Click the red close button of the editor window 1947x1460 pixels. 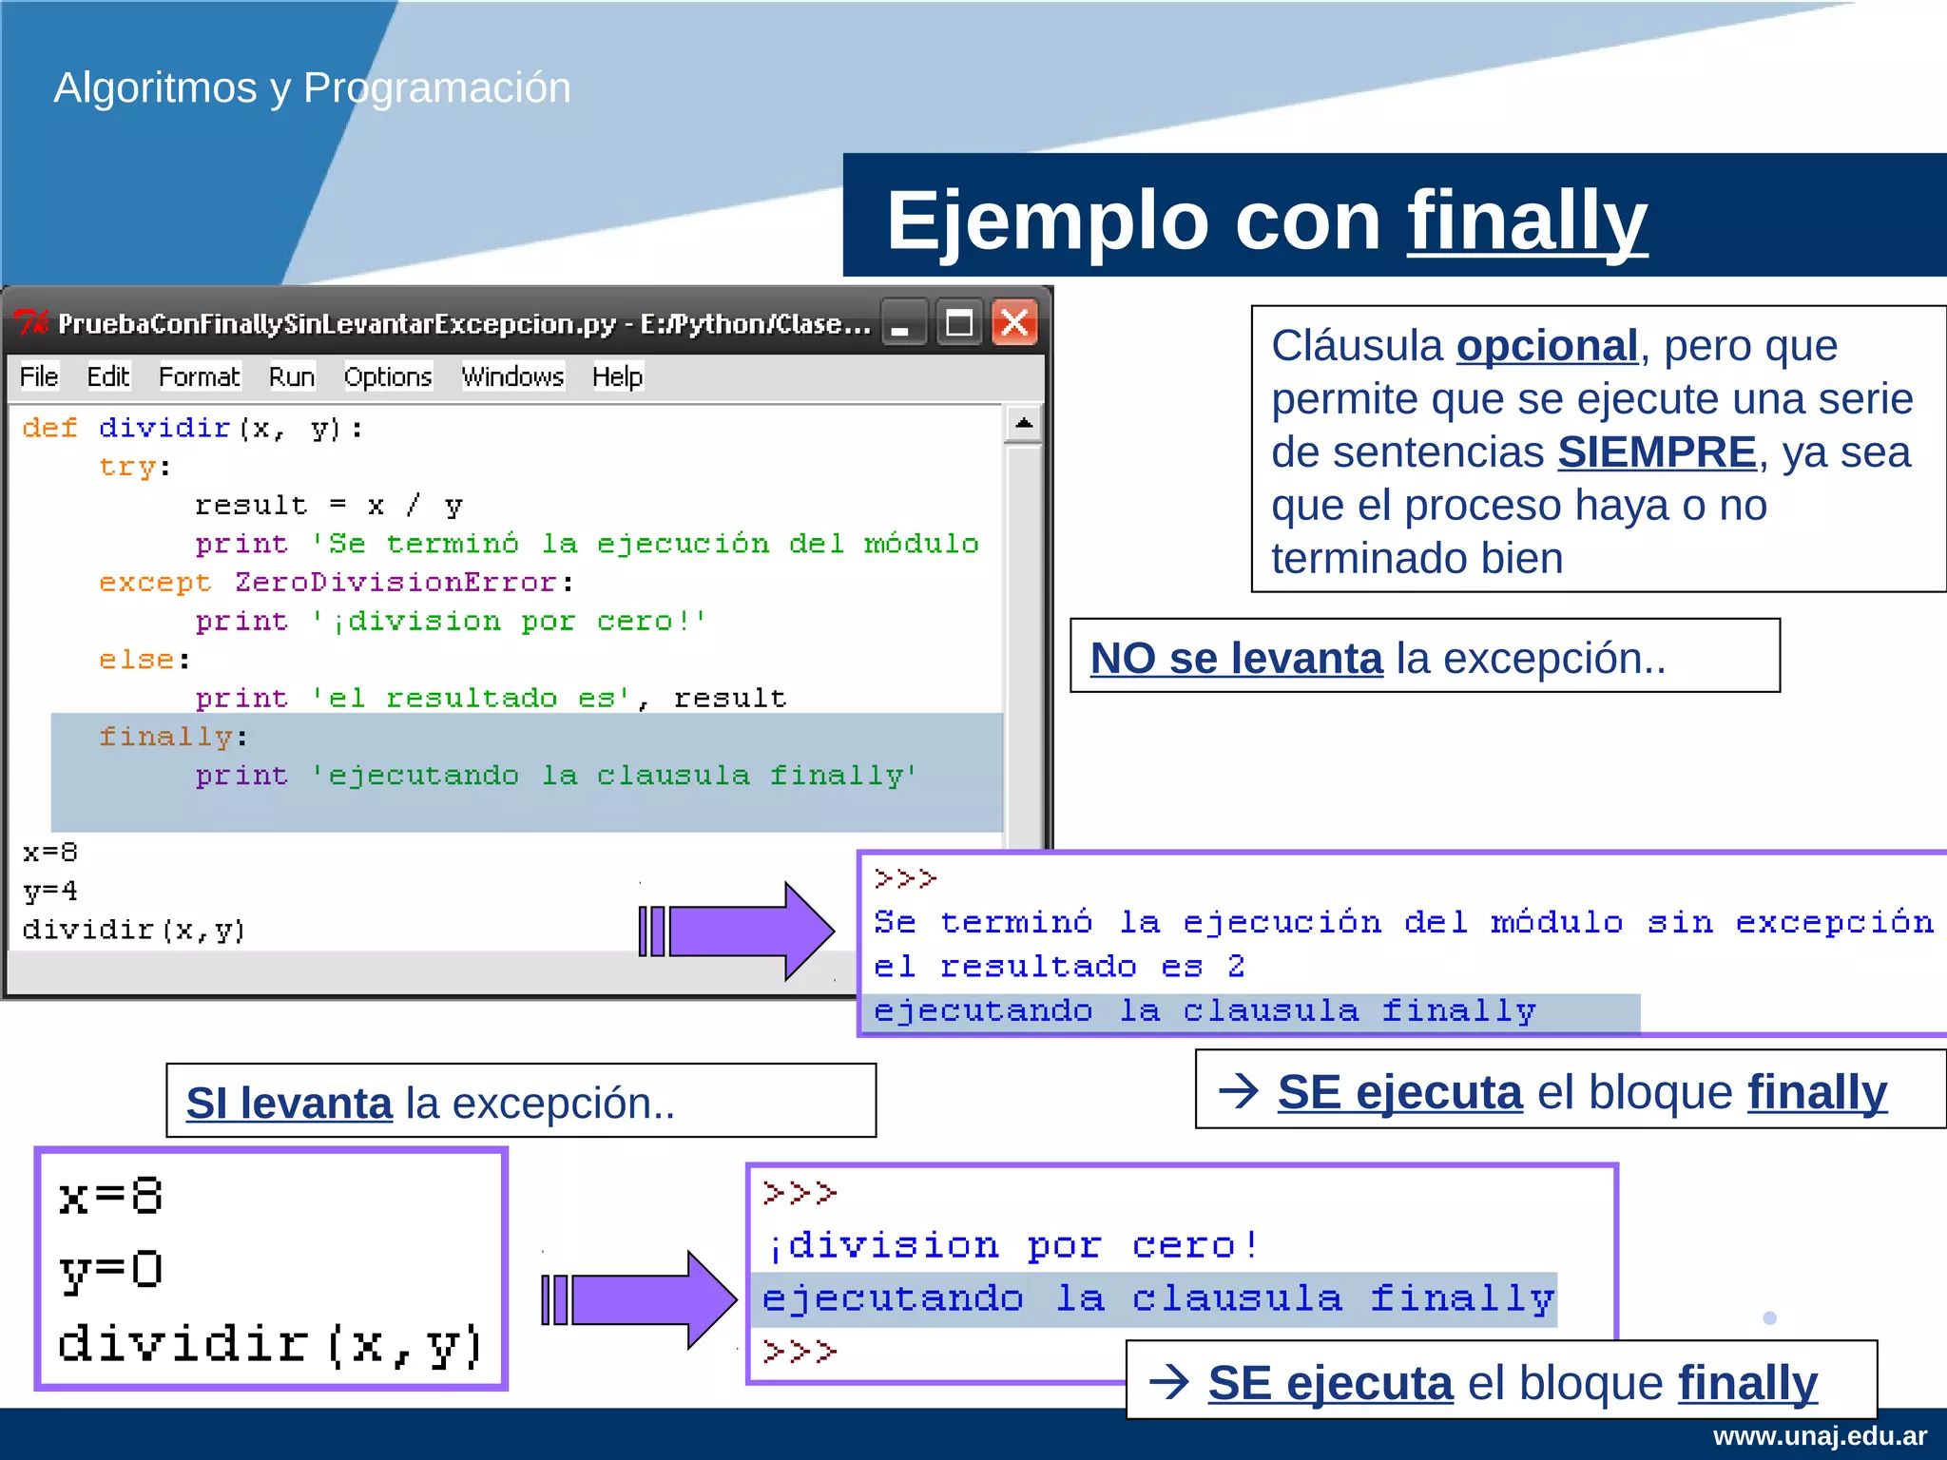click(x=1014, y=324)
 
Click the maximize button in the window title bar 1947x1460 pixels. click(x=958, y=324)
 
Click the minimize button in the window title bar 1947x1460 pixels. click(x=901, y=324)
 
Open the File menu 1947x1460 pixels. click(x=39, y=377)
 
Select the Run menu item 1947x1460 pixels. click(x=291, y=377)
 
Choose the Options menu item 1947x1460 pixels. click(x=388, y=377)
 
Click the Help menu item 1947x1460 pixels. click(x=617, y=377)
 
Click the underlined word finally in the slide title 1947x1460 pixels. click(x=1527, y=221)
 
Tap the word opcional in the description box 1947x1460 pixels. click(x=1547, y=346)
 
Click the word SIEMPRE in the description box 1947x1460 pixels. click(x=1656, y=452)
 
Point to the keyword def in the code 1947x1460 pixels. click(x=49, y=428)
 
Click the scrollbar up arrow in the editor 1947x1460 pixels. click(x=1024, y=423)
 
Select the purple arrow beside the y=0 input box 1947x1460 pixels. click(x=642, y=1299)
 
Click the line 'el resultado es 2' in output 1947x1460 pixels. click(x=1059, y=967)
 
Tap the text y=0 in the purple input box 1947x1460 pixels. click(x=111, y=1270)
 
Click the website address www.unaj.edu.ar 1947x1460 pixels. click(x=1820, y=1436)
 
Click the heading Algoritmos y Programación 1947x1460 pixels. click(x=312, y=87)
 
